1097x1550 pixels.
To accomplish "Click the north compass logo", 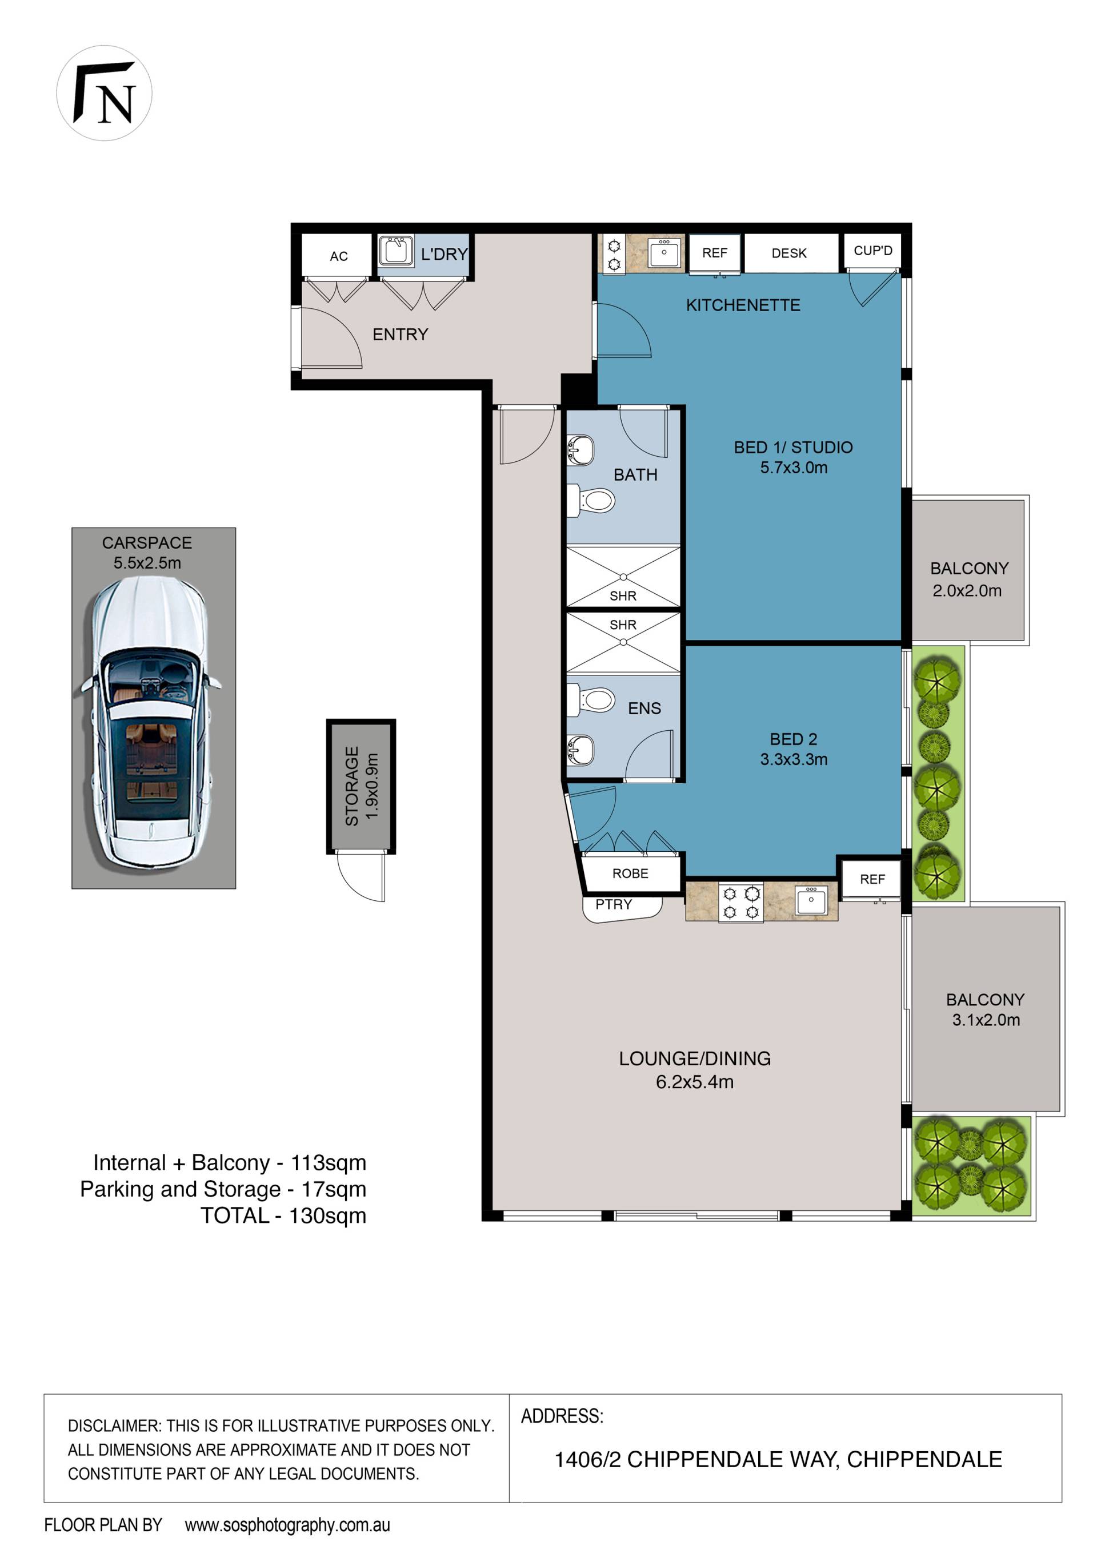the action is click(104, 93).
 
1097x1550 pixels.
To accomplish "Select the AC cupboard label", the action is click(338, 256).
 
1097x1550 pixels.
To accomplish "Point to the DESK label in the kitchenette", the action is click(789, 253).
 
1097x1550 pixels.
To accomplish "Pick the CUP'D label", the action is click(872, 251).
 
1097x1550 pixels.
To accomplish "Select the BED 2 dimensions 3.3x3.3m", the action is click(794, 759).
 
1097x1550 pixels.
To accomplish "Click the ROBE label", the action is click(630, 873).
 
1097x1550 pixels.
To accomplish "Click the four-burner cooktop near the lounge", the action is click(741, 903).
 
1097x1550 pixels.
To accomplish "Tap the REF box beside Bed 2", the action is click(872, 880).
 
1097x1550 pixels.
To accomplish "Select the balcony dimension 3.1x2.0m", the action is click(986, 1020).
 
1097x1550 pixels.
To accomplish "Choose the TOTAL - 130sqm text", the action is click(283, 1216).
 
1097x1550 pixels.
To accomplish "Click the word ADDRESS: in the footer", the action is click(562, 1416).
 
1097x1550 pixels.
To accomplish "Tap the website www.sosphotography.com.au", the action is click(287, 1524).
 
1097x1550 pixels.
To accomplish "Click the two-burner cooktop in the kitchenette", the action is click(614, 255).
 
